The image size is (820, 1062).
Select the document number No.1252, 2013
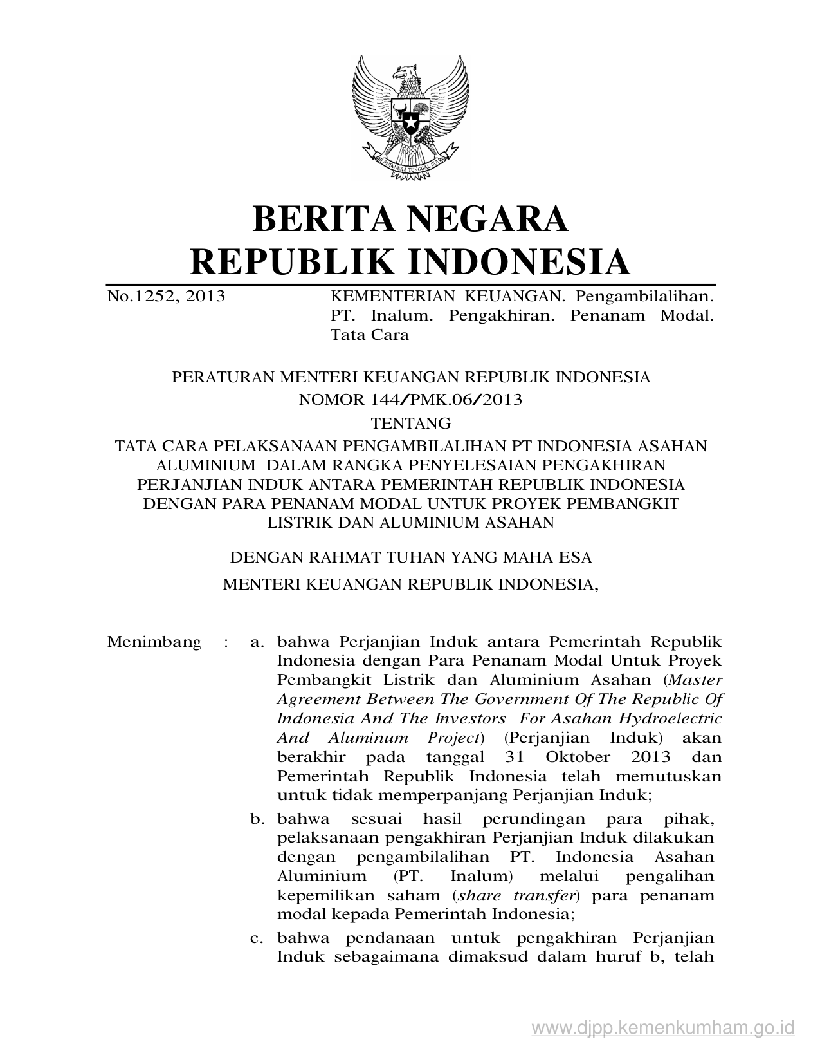166,296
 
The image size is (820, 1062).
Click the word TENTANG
410,423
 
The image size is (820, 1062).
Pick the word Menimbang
154,642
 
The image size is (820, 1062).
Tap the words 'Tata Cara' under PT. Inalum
369,335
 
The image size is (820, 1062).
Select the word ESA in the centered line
574,557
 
